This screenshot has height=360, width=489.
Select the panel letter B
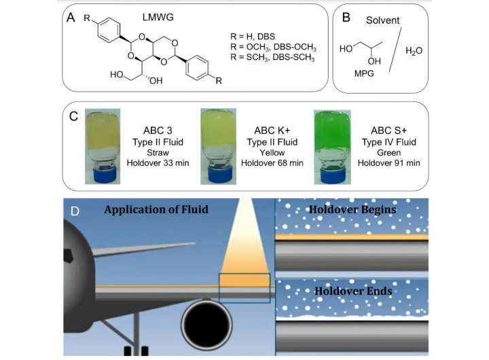(345, 18)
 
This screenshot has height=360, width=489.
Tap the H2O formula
(414, 50)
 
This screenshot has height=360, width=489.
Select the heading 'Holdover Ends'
(350, 291)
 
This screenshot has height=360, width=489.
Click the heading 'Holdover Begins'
(352, 209)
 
